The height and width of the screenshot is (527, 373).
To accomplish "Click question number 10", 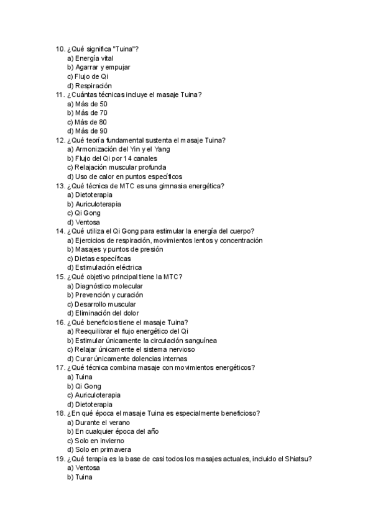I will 60,49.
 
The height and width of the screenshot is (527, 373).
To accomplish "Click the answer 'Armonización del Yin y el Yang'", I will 119,149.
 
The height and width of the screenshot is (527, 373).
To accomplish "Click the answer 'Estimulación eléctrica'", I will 104,267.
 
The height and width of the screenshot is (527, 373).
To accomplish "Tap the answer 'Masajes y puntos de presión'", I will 115,249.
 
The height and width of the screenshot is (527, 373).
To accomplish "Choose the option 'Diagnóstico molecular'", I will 105,286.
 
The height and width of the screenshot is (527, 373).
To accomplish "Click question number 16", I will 60,322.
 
